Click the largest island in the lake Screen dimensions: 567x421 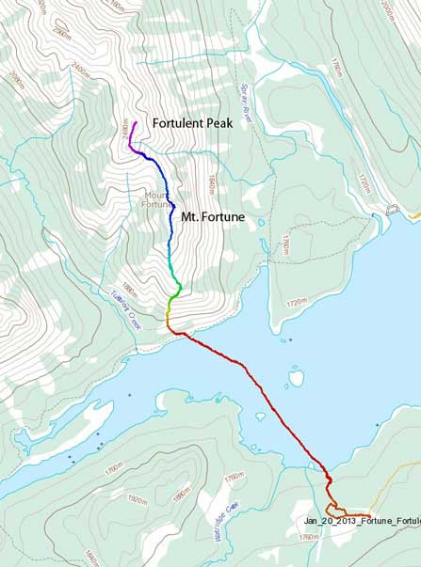296,378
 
